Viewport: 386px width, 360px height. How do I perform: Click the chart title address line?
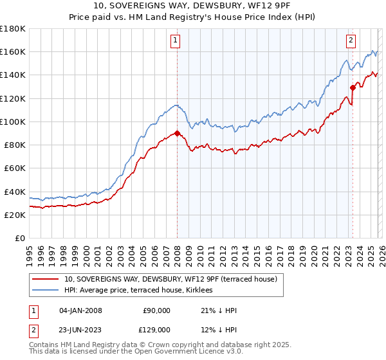(x=193, y=6)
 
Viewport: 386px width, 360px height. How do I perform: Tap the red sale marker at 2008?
(x=177, y=133)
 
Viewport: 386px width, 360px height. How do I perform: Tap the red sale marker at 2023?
(x=353, y=87)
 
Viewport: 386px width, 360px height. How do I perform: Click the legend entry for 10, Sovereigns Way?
(x=170, y=279)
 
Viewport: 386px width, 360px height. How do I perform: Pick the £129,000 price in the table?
(x=157, y=329)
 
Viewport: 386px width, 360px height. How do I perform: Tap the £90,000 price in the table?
(x=157, y=310)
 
